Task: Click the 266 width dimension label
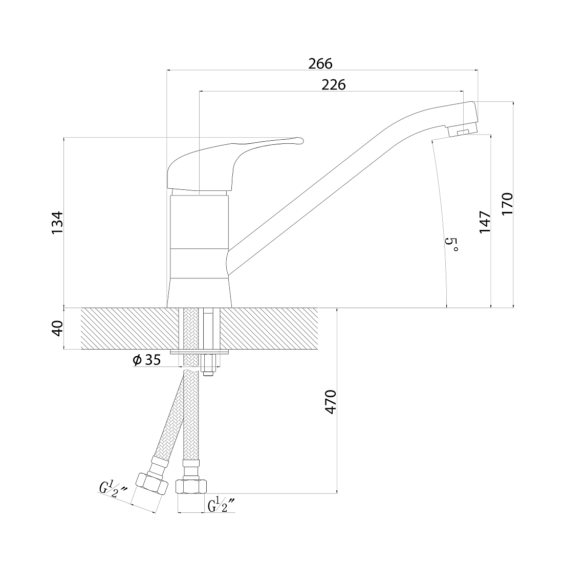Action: pyautogui.click(x=320, y=63)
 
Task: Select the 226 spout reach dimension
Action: pyautogui.click(x=334, y=85)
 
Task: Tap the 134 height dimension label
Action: pyautogui.click(x=57, y=223)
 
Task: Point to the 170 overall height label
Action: pyautogui.click(x=507, y=203)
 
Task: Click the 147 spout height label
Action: pyautogui.click(x=485, y=222)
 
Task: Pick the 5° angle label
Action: pyautogui.click(x=451, y=244)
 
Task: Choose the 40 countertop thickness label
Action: pyautogui.click(x=57, y=328)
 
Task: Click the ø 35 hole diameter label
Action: pyautogui.click(x=146, y=359)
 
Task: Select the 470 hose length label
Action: pyautogui.click(x=330, y=402)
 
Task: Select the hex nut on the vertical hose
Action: pyautogui.click(x=191, y=487)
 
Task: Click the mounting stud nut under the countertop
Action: pyautogui.click(x=208, y=365)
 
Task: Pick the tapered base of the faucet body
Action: pyautogui.click(x=199, y=293)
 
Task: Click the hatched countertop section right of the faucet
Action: pyautogui.click(x=269, y=328)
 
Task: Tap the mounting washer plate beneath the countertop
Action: pyautogui.click(x=199, y=352)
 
